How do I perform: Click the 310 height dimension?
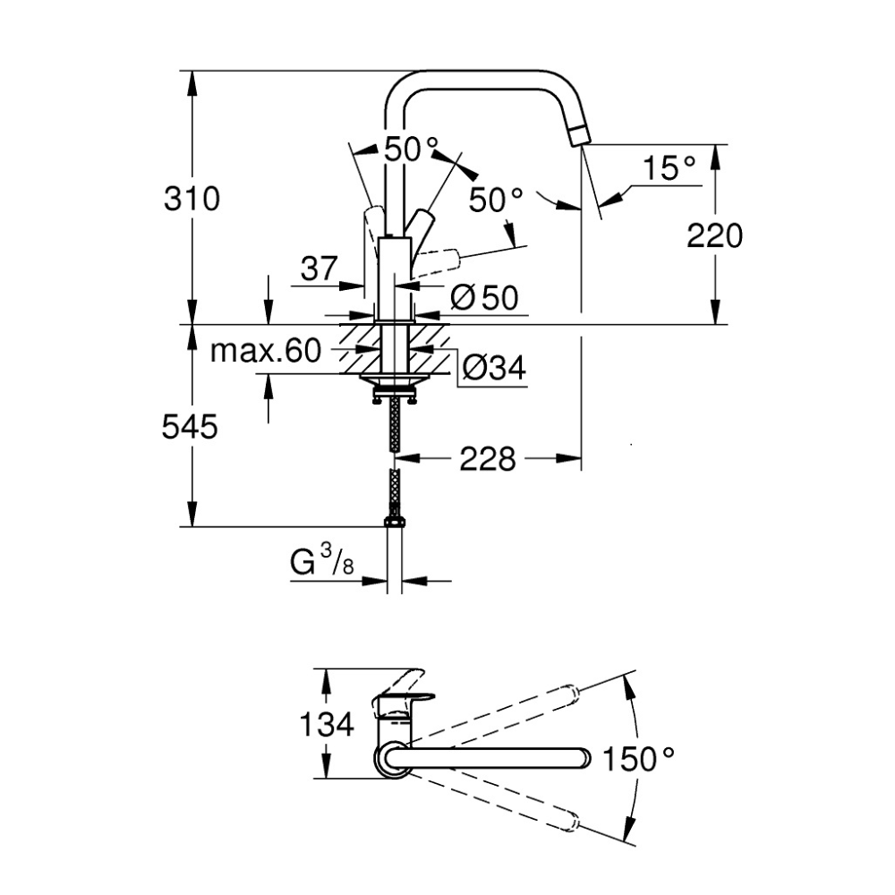pyautogui.click(x=191, y=199)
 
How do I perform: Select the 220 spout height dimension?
pyautogui.click(x=714, y=235)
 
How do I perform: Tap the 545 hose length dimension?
pyautogui.click(x=191, y=428)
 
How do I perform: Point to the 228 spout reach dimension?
pyautogui.click(x=488, y=459)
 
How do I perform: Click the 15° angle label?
pyautogui.click(x=669, y=167)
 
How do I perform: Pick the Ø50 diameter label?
pyautogui.click(x=484, y=296)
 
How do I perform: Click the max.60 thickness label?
pyautogui.click(x=265, y=351)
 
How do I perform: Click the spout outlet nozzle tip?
pyautogui.click(x=580, y=135)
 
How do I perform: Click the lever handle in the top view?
pyautogui.click(x=407, y=689)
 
